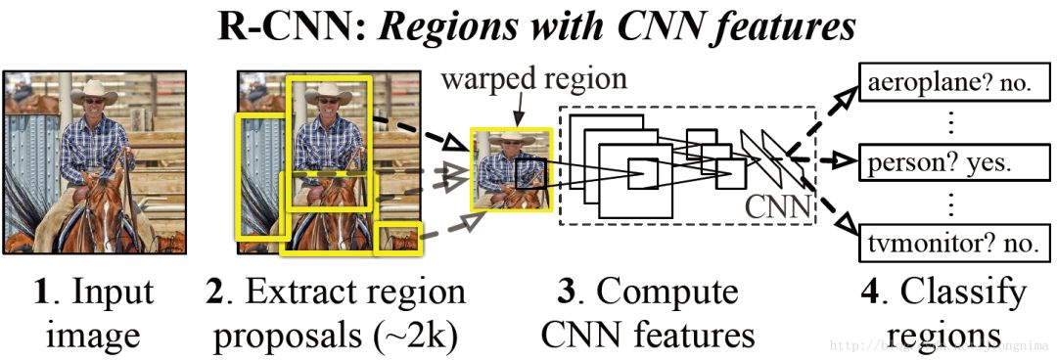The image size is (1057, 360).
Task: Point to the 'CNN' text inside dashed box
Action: [779, 206]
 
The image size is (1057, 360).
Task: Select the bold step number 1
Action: [40, 293]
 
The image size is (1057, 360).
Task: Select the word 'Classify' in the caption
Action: [963, 293]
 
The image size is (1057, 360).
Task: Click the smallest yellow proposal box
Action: [397, 238]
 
